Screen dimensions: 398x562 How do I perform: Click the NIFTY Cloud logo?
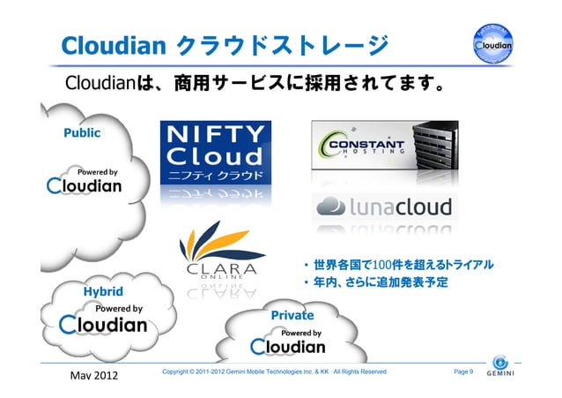tap(214, 152)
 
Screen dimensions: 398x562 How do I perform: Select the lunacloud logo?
tap(383, 207)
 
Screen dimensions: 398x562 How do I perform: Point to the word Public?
tap(81, 133)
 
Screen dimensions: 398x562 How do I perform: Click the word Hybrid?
tap(103, 291)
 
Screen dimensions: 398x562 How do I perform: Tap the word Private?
tap(292, 315)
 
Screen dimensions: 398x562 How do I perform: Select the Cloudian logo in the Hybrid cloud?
tap(103, 325)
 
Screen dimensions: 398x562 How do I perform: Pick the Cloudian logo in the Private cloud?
tap(287, 346)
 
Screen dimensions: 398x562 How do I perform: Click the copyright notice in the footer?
tap(275, 372)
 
